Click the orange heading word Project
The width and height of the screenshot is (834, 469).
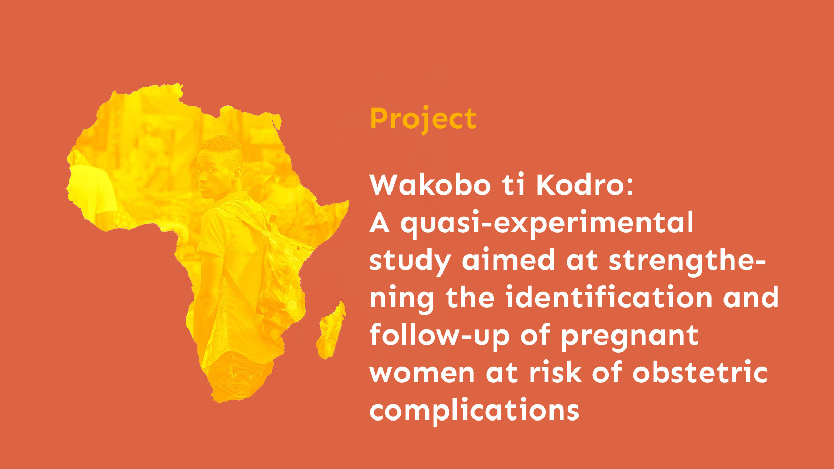pos(423,119)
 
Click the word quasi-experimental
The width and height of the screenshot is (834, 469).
pos(547,224)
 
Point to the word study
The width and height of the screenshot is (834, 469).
pos(410,261)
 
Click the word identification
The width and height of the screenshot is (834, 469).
pos(608,298)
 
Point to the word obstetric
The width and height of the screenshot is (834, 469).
pos(700,373)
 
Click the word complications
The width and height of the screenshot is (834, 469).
pos(474,411)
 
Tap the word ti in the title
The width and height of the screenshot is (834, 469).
pos(513,185)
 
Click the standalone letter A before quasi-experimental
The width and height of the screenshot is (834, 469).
pos(379,223)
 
